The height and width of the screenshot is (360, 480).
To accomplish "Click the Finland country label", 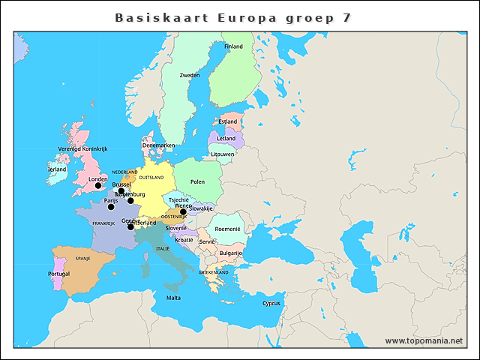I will [233, 46].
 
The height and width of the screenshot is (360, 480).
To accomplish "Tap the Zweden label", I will [190, 75].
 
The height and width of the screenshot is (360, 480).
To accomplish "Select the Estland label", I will [228, 121].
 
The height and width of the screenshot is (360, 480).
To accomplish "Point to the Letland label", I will [226, 139].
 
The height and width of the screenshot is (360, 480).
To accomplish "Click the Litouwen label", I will [222, 154].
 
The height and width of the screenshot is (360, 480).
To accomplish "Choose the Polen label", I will [198, 181].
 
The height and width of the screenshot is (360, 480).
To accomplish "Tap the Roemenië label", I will [227, 229].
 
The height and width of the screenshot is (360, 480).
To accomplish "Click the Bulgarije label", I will [231, 253].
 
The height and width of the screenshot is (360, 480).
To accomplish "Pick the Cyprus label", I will [271, 304].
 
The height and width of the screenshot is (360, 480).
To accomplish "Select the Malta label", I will [173, 298].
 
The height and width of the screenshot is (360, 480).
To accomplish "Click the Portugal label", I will [58, 274].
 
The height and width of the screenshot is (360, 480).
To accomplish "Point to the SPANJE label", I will [82, 258].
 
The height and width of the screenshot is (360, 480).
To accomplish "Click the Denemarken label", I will [158, 145].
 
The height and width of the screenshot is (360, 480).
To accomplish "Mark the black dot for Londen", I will [97, 186].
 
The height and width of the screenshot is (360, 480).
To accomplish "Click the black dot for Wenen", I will [183, 211].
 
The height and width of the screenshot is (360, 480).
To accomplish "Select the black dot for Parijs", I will [111, 207].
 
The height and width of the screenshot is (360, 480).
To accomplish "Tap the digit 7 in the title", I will [346, 16].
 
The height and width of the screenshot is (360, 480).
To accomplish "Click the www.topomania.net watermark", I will [424, 340].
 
